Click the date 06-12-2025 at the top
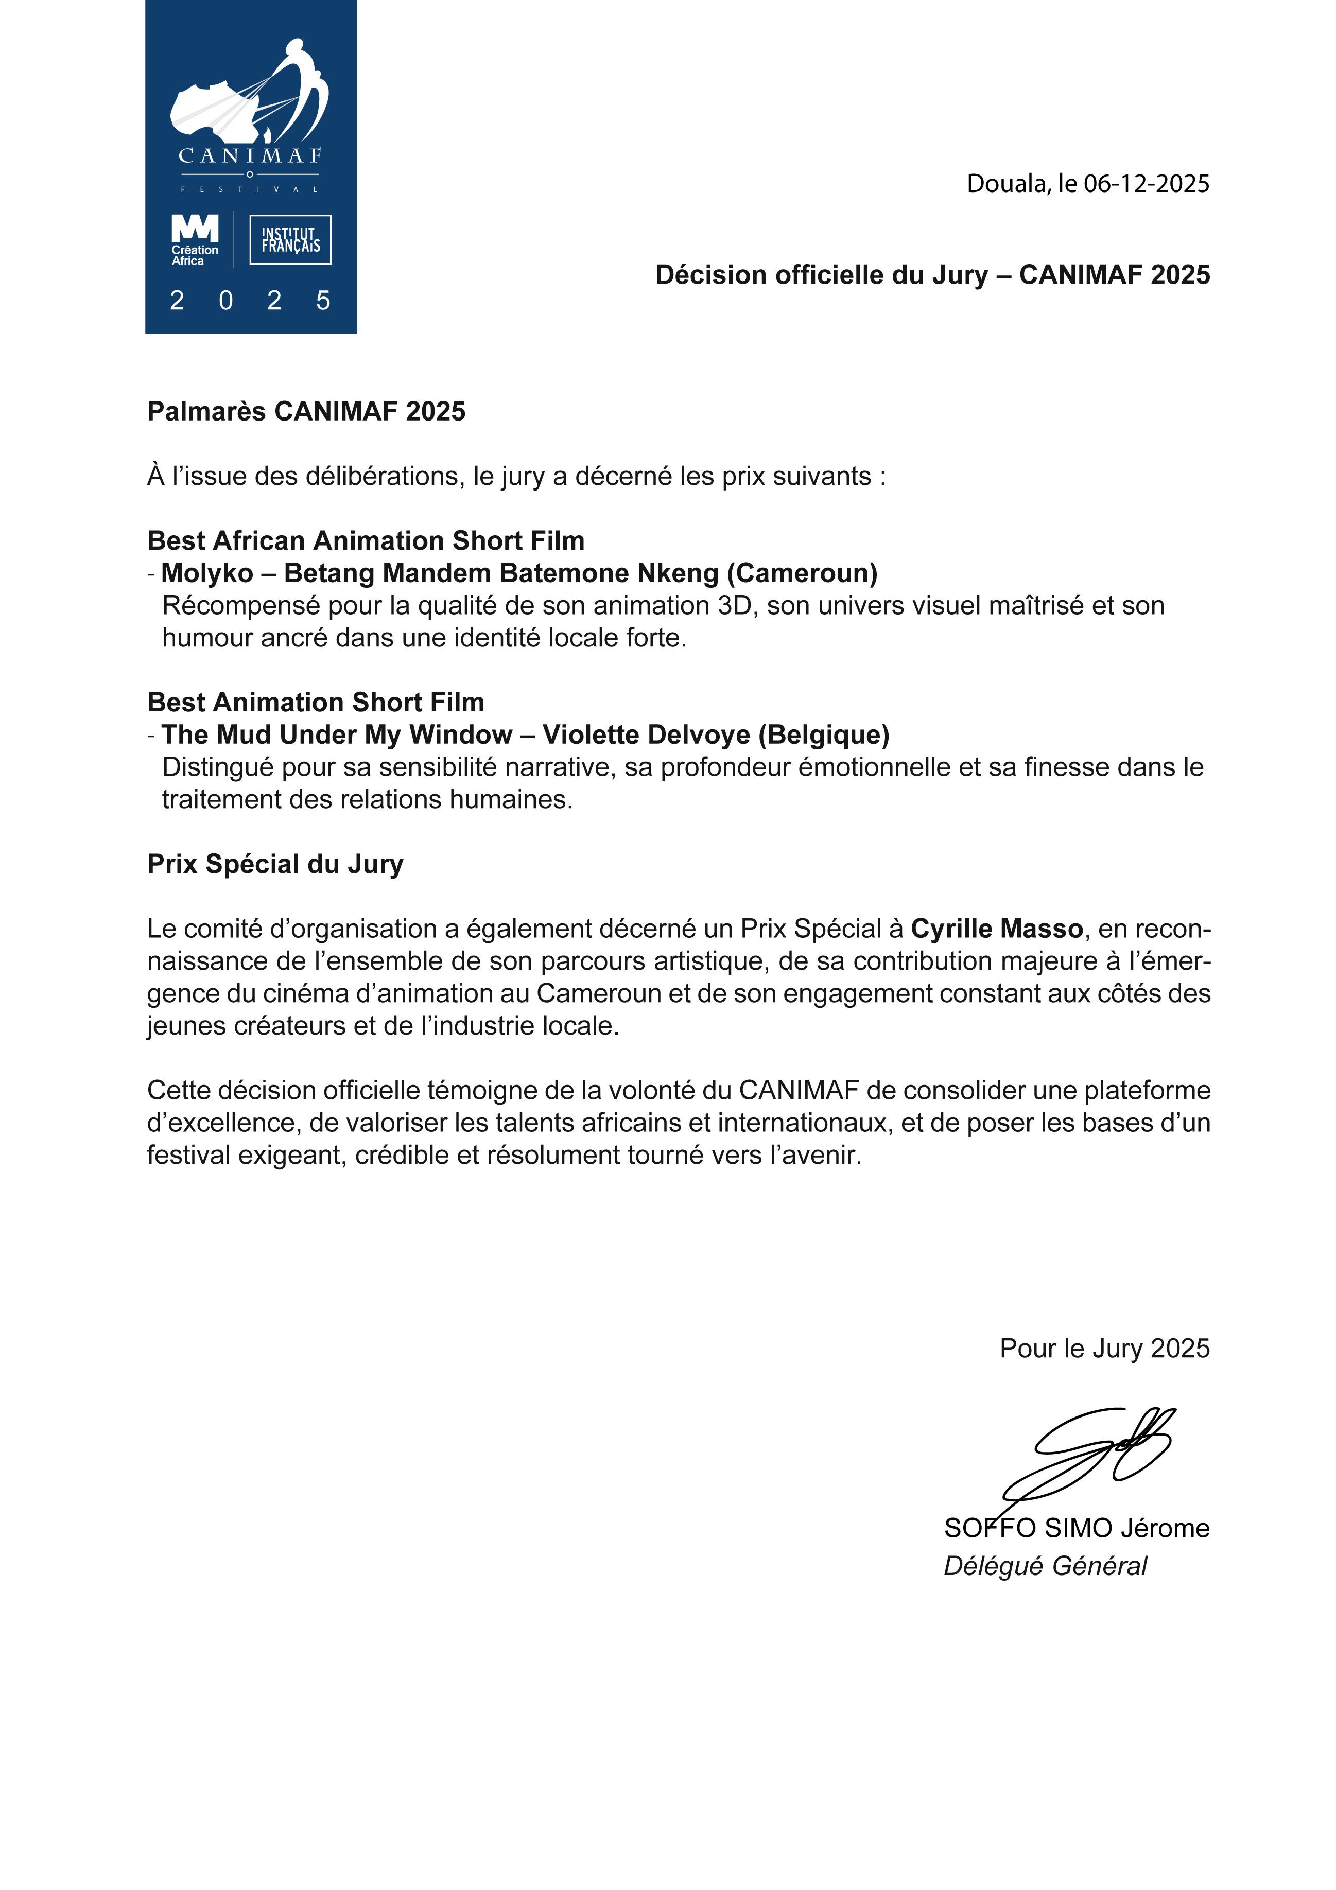(1146, 184)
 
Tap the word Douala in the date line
(1009, 184)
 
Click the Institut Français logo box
(290, 239)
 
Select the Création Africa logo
(195, 239)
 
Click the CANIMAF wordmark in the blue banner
(250, 155)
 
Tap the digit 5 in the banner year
(323, 301)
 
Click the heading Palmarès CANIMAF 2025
(306, 411)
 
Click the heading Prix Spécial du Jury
(275, 864)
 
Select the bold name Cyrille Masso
(996, 929)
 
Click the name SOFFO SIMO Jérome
(1076, 1528)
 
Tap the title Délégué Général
(1045, 1566)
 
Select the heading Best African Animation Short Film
(366, 541)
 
